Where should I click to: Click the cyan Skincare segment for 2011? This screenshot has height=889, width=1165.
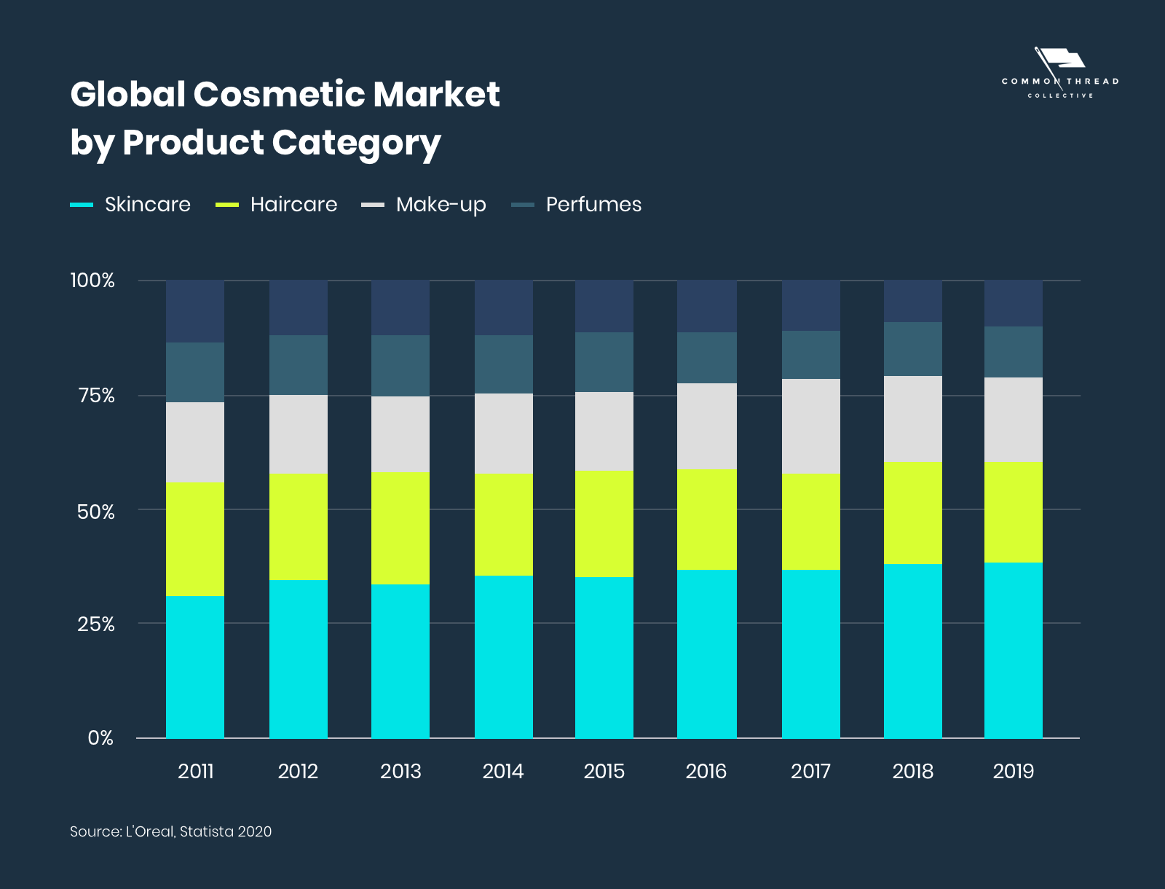pos(195,667)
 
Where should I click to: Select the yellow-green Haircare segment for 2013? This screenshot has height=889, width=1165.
pos(400,528)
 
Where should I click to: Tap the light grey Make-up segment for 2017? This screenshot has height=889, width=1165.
pos(811,426)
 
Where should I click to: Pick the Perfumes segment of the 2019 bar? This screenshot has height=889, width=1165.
pos(1014,352)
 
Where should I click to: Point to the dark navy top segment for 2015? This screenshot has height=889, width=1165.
pos(604,307)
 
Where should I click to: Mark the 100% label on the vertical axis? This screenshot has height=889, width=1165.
pos(92,281)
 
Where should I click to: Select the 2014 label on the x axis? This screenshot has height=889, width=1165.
pos(503,772)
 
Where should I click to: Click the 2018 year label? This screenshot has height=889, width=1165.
pos(913,772)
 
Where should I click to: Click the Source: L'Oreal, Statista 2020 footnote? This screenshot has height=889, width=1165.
pos(170,831)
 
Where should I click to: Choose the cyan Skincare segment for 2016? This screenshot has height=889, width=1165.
pos(706,654)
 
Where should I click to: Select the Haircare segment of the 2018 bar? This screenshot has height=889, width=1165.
pos(913,512)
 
